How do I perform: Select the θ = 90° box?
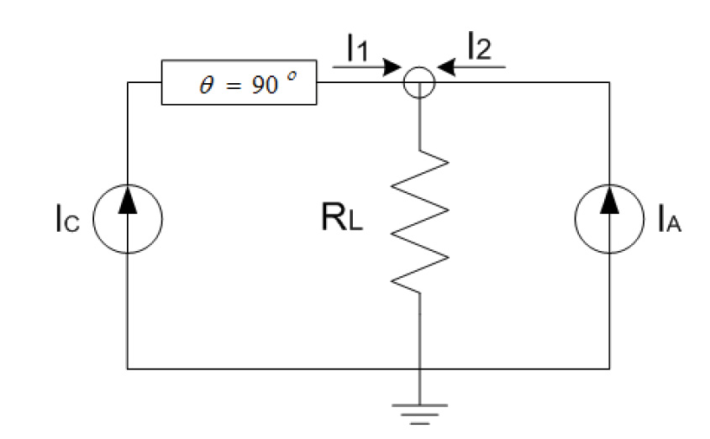[239, 86]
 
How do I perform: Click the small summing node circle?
[418, 82]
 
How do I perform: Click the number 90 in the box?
[265, 86]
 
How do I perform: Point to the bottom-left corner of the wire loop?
[127, 368]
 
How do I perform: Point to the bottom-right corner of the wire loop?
[609, 368]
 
